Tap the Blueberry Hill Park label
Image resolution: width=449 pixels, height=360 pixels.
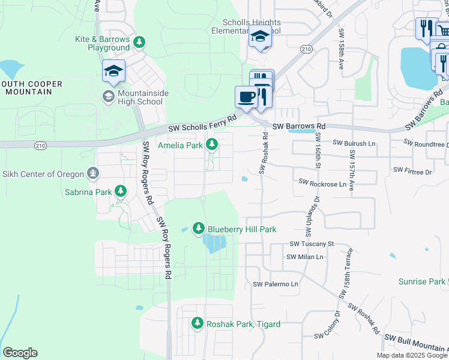coord(242,229)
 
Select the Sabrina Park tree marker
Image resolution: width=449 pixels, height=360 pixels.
coord(121,191)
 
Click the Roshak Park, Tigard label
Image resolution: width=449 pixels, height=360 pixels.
coord(243,324)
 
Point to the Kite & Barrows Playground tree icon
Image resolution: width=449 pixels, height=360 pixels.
coord(139,42)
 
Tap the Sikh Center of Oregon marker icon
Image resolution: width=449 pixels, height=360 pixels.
coord(92,174)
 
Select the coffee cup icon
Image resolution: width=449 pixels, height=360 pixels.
coord(246,97)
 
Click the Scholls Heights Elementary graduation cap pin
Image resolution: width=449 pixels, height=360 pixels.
coord(261,38)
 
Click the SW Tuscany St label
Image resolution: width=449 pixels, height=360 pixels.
coord(311,244)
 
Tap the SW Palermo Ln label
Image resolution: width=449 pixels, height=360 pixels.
coord(276,284)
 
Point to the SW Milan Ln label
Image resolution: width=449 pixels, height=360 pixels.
coord(305,257)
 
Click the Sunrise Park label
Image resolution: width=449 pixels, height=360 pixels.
coord(421,281)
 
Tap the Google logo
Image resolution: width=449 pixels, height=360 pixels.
coord(20,353)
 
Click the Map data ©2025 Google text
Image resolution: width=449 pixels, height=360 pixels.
coord(412,355)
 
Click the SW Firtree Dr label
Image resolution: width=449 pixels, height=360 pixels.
coord(412,172)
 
